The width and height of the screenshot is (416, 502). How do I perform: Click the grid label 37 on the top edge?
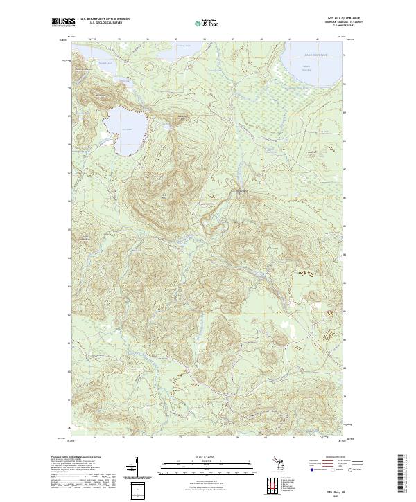177,39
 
